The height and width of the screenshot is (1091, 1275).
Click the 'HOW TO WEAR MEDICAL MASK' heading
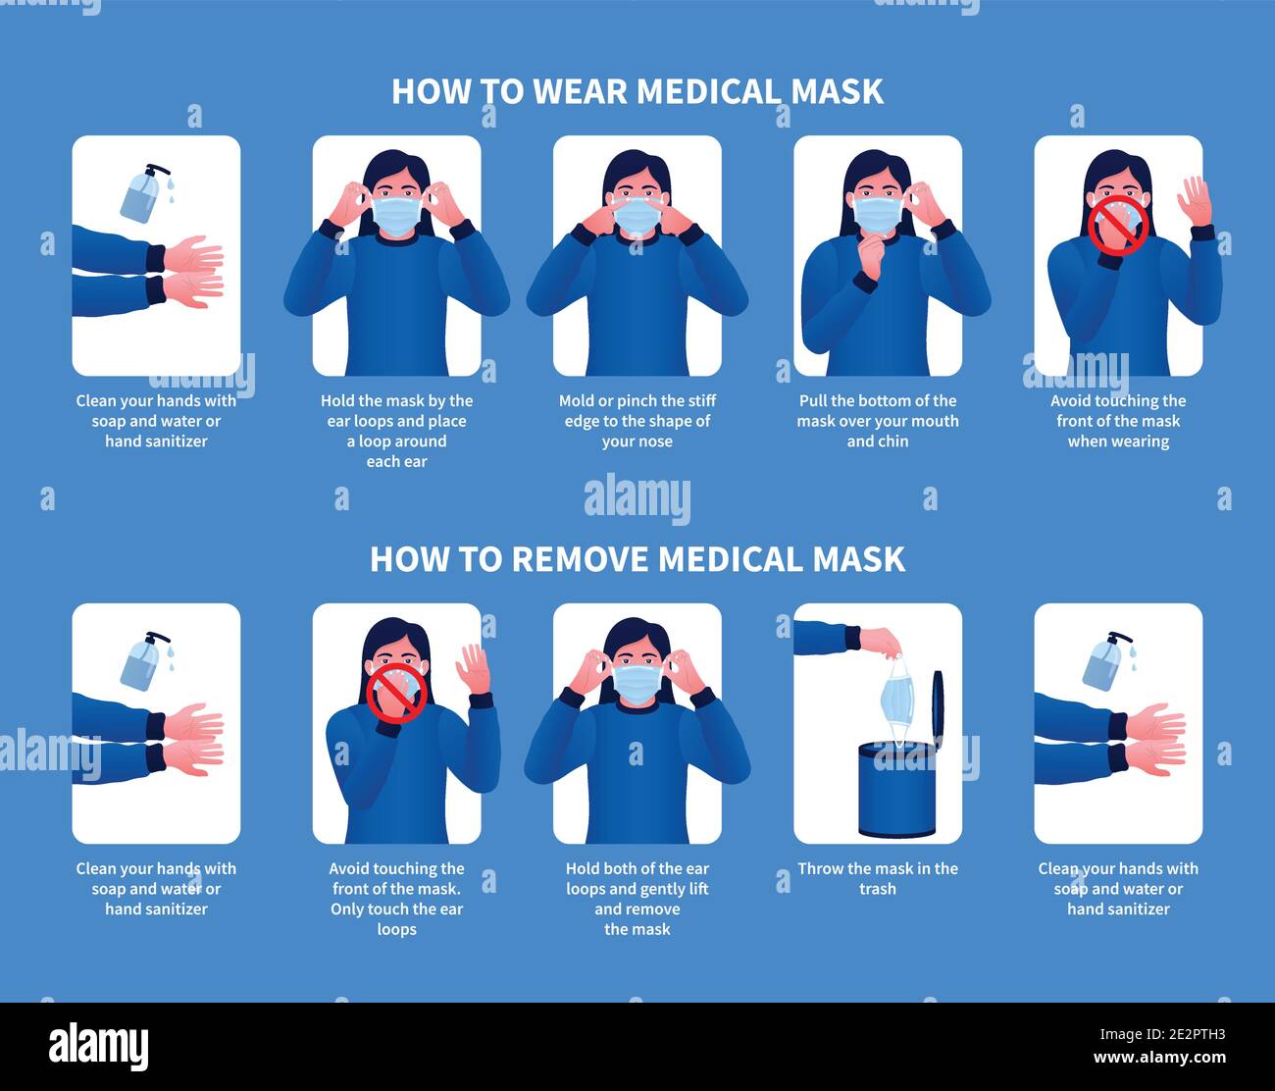click(x=637, y=91)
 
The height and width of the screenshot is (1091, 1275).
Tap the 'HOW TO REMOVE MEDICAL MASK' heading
click(x=637, y=559)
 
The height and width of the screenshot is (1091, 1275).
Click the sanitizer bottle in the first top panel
click(x=141, y=193)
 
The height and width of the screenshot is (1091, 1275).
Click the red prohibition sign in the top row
click(x=1117, y=225)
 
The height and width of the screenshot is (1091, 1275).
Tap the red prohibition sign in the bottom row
click(x=396, y=693)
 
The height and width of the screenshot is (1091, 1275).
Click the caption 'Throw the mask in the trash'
click(x=878, y=879)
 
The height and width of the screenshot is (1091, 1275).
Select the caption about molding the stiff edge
click(x=637, y=421)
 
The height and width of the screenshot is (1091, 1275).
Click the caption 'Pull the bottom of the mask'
click(x=878, y=421)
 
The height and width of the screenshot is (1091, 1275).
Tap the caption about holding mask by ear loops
click(x=396, y=431)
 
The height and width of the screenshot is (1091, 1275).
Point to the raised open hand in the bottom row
click(x=473, y=668)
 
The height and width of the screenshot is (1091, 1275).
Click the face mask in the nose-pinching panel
click(x=637, y=216)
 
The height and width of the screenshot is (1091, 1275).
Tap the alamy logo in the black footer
click(x=98, y=1047)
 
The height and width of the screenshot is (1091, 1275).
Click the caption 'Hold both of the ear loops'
click(x=637, y=899)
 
